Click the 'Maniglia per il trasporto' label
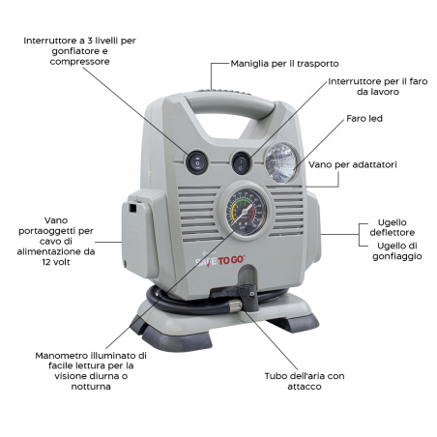coord(284,64)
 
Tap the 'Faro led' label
coord(364,119)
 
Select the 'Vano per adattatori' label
coord(353,164)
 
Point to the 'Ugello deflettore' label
coord(393,227)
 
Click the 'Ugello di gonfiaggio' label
coord(397,251)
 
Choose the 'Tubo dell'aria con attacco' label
coord(305,381)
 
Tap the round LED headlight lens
coord(281,163)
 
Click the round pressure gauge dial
coord(246,211)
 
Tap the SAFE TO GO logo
coord(220,260)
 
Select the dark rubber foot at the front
coord(177,339)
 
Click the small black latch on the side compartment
coord(132,207)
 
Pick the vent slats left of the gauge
coord(199,214)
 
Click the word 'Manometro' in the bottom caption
coord(62,356)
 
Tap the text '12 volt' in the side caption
coord(56,262)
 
